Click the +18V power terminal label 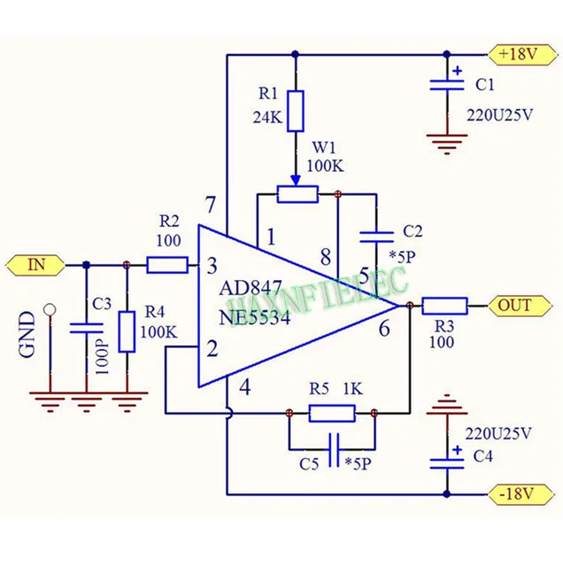[519, 54]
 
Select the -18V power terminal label [519, 493]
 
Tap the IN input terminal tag [35, 263]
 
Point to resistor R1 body [295, 110]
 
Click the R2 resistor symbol [166, 263]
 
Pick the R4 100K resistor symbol [127, 331]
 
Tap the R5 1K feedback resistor [332, 412]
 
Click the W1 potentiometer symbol [296, 194]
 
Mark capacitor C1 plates [448, 86]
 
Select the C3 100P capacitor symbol [86, 329]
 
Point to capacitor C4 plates [448, 461]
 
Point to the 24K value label [265, 116]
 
